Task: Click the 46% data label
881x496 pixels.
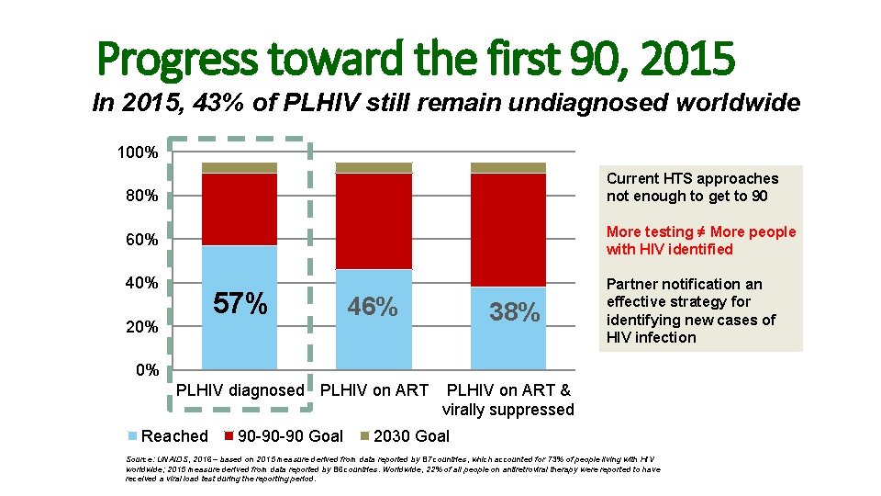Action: coord(373,306)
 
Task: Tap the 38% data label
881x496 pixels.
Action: coord(514,312)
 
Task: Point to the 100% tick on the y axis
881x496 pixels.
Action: coord(137,152)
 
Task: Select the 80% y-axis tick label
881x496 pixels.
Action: coord(141,196)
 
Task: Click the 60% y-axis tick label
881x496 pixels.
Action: coord(141,240)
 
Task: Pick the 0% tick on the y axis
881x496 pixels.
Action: coord(146,370)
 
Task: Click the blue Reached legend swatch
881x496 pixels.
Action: coord(132,436)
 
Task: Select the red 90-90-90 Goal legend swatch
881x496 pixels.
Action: coord(229,436)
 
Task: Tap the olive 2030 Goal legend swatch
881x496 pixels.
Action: coord(364,436)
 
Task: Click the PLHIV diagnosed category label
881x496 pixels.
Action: coord(240,390)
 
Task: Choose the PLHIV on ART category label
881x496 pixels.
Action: coord(374,390)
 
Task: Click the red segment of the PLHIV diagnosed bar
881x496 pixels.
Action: coord(240,209)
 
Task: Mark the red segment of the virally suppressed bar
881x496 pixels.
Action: coord(507,230)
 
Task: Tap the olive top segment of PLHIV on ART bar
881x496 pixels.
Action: coord(374,168)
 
